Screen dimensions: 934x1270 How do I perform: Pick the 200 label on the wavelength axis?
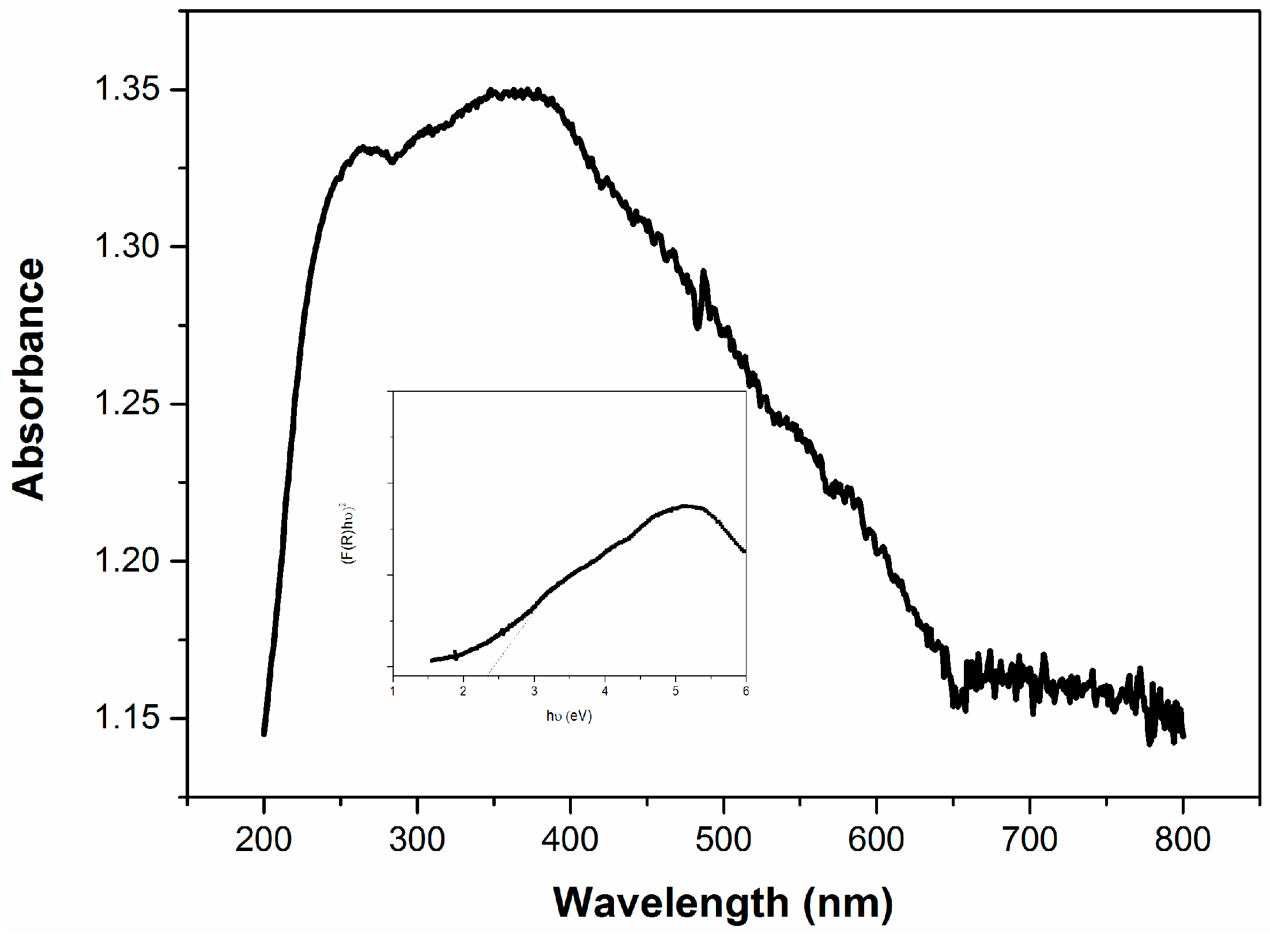[x=263, y=840]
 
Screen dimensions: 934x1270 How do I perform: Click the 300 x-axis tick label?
[x=417, y=840]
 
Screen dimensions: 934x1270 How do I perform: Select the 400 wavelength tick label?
[x=570, y=840]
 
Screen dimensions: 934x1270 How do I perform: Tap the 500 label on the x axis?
[x=723, y=840]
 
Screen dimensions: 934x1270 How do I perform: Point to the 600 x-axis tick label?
[x=876, y=840]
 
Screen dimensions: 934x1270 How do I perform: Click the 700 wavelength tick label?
[x=1030, y=840]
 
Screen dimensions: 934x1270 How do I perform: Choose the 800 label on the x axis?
[x=1182, y=840]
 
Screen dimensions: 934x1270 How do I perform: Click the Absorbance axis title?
[x=28, y=379]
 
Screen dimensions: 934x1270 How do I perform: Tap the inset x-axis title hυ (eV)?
[x=569, y=716]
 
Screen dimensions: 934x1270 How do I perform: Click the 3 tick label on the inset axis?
[x=534, y=691]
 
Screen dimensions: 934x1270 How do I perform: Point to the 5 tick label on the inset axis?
[x=676, y=691]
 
